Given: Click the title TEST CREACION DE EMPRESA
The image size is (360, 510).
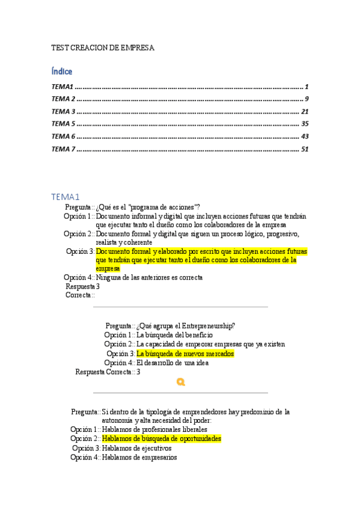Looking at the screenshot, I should coord(103,47).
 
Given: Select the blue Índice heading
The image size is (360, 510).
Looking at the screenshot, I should coord(62,72).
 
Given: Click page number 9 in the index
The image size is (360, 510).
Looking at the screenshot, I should coord(306,99).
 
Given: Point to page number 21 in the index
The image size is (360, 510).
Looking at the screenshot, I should coord(304,111).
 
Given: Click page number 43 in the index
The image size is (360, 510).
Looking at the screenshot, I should coord(304,137).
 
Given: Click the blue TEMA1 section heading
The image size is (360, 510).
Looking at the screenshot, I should coord(66,197).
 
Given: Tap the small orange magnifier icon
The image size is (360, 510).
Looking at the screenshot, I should coord(181,382).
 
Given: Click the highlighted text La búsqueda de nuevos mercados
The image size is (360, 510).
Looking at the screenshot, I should coord(185,354).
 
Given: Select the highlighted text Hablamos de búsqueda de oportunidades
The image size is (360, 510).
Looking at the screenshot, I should coord(161,439).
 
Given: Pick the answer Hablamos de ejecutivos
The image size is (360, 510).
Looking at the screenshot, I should coord(136,448).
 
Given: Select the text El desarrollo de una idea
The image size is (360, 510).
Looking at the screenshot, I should coord(172,363).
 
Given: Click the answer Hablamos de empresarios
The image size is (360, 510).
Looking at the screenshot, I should coord(139,457).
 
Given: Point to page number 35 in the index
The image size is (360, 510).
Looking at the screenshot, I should coord(304,124).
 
